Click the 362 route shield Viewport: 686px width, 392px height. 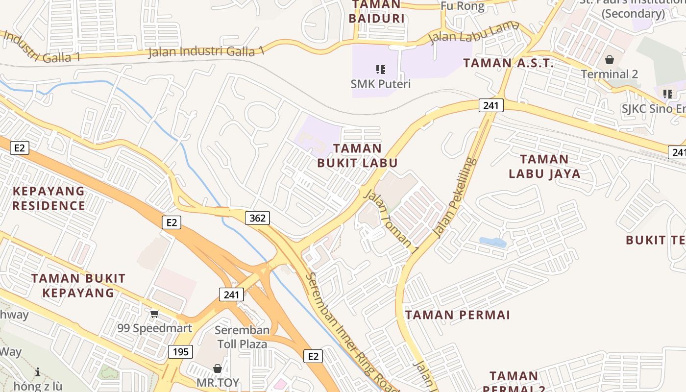[x=258, y=218]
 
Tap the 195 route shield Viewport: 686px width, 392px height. [x=180, y=351]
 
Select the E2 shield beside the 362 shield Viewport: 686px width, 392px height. [x=171, y=222]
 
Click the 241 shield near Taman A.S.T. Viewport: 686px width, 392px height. [x=490, y=105]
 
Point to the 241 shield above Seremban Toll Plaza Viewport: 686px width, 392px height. [x=231, y=294]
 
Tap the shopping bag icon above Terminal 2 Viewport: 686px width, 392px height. [x=610, y=60]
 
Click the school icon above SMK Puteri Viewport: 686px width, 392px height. [x=381, y=70]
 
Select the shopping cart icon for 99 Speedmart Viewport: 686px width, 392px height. [x=155, y=314]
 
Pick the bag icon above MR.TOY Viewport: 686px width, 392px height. [x=218, y=368]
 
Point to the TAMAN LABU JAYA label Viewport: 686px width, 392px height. [x=544, y=166]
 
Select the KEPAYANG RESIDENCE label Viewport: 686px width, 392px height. [x=49, y=198]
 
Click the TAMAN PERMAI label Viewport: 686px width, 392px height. [x=458, y=315]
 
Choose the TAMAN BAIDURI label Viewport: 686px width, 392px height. [x=376, y=12]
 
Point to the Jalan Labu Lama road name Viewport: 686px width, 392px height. [x=474, y=32]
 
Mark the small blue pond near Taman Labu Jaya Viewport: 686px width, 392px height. [x=492, y=242]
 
